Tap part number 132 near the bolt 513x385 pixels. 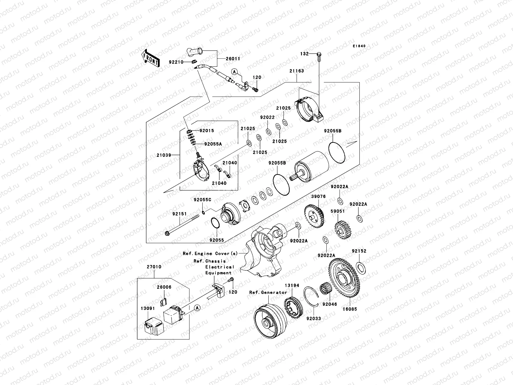tap(304, 54)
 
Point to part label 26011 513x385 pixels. tap(233, 59)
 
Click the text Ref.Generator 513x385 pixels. tap(268, 292)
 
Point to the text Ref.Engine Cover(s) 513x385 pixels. tap(210, 253)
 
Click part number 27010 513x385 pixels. tap(154, 267)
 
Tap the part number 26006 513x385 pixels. tap(164, 287)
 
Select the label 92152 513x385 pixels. tap(359, 251)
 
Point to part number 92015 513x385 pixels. tap(206, 131)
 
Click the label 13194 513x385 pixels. tap(292, 285)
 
